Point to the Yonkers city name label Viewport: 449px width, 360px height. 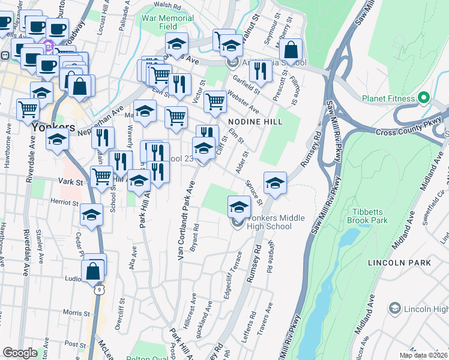pyautogui.click(x=53, y=128)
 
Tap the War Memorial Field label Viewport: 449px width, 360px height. pyautogui.click(x=167, y=22)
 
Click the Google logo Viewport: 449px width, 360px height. pyautogui.click(x=20, y=353)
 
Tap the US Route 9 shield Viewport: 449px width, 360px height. pyautogui.click(x=100, y=290)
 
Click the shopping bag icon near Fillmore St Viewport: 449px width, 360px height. pyautogui.click(x=291, y=52)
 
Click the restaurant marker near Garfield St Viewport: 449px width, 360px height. pyautogui.click(x=260, y=72)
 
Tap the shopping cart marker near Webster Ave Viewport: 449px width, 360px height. pyautogui.click(x=215, y=101)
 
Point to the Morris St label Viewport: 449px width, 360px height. pyautogui.click(x=76, y=313)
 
